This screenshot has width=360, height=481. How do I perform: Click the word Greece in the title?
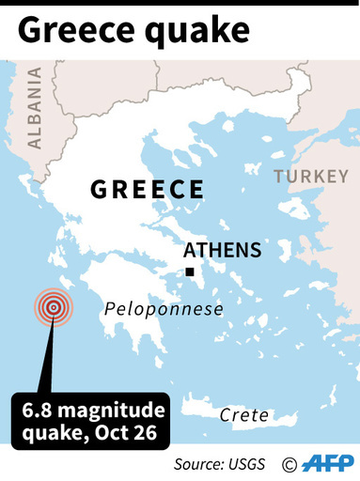74,31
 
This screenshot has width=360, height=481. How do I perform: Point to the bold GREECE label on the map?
148,189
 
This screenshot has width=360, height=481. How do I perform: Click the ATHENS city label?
222,251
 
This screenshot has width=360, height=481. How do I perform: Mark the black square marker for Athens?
190,272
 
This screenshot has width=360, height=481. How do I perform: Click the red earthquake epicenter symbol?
54,307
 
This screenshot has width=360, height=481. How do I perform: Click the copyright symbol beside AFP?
290,464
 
